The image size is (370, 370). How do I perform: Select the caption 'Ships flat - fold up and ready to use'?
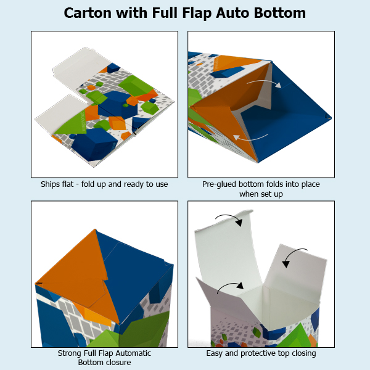pos(104,184)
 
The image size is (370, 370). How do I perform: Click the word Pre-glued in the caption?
pos(220,184)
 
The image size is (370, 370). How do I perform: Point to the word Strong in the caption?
pos(70,353)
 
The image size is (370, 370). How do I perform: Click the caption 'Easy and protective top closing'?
pos(261,353)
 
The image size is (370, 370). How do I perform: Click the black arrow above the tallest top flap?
pos(228,220)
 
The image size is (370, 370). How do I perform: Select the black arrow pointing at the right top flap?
pos(293,255)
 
